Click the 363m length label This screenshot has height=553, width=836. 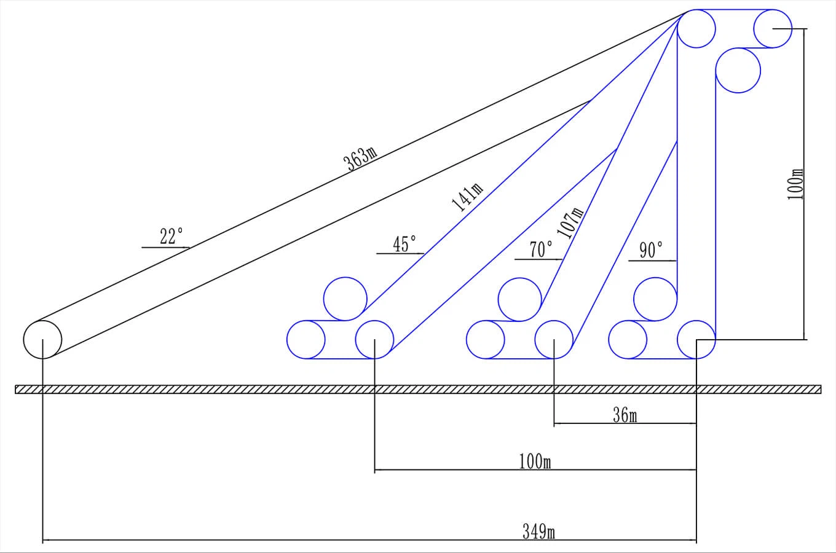(x=360, y=158)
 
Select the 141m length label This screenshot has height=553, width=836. (x=467, y=197)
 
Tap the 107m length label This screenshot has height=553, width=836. (x=570, y=222)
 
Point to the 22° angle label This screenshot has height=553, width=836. (x=172, y=237)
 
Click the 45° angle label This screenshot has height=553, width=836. (x=404, y=244)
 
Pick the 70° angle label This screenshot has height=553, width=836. (x=541, y=249)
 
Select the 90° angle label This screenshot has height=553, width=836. (x=651, y=250)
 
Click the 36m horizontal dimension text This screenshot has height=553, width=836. (x=625, y=416)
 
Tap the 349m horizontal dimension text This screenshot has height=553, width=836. (x=538, y=531)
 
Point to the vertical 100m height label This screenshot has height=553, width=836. (x=796, y=184)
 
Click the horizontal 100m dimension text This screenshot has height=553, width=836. (x=535, y=461)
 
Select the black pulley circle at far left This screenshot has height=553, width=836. (x=42, y=339)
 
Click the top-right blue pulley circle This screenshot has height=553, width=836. (x=773, y=29)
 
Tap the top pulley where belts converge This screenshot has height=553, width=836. (x=696, y=29)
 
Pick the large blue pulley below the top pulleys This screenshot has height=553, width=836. (x=738, y=70)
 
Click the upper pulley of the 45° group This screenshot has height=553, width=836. (x=345, y=299)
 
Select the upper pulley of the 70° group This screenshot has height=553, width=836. (x=520, y=299)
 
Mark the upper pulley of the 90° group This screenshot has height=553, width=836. (x=655, y=299)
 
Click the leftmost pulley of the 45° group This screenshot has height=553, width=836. (x=306, y=339)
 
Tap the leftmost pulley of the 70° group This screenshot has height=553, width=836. (x=486, y=339)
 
